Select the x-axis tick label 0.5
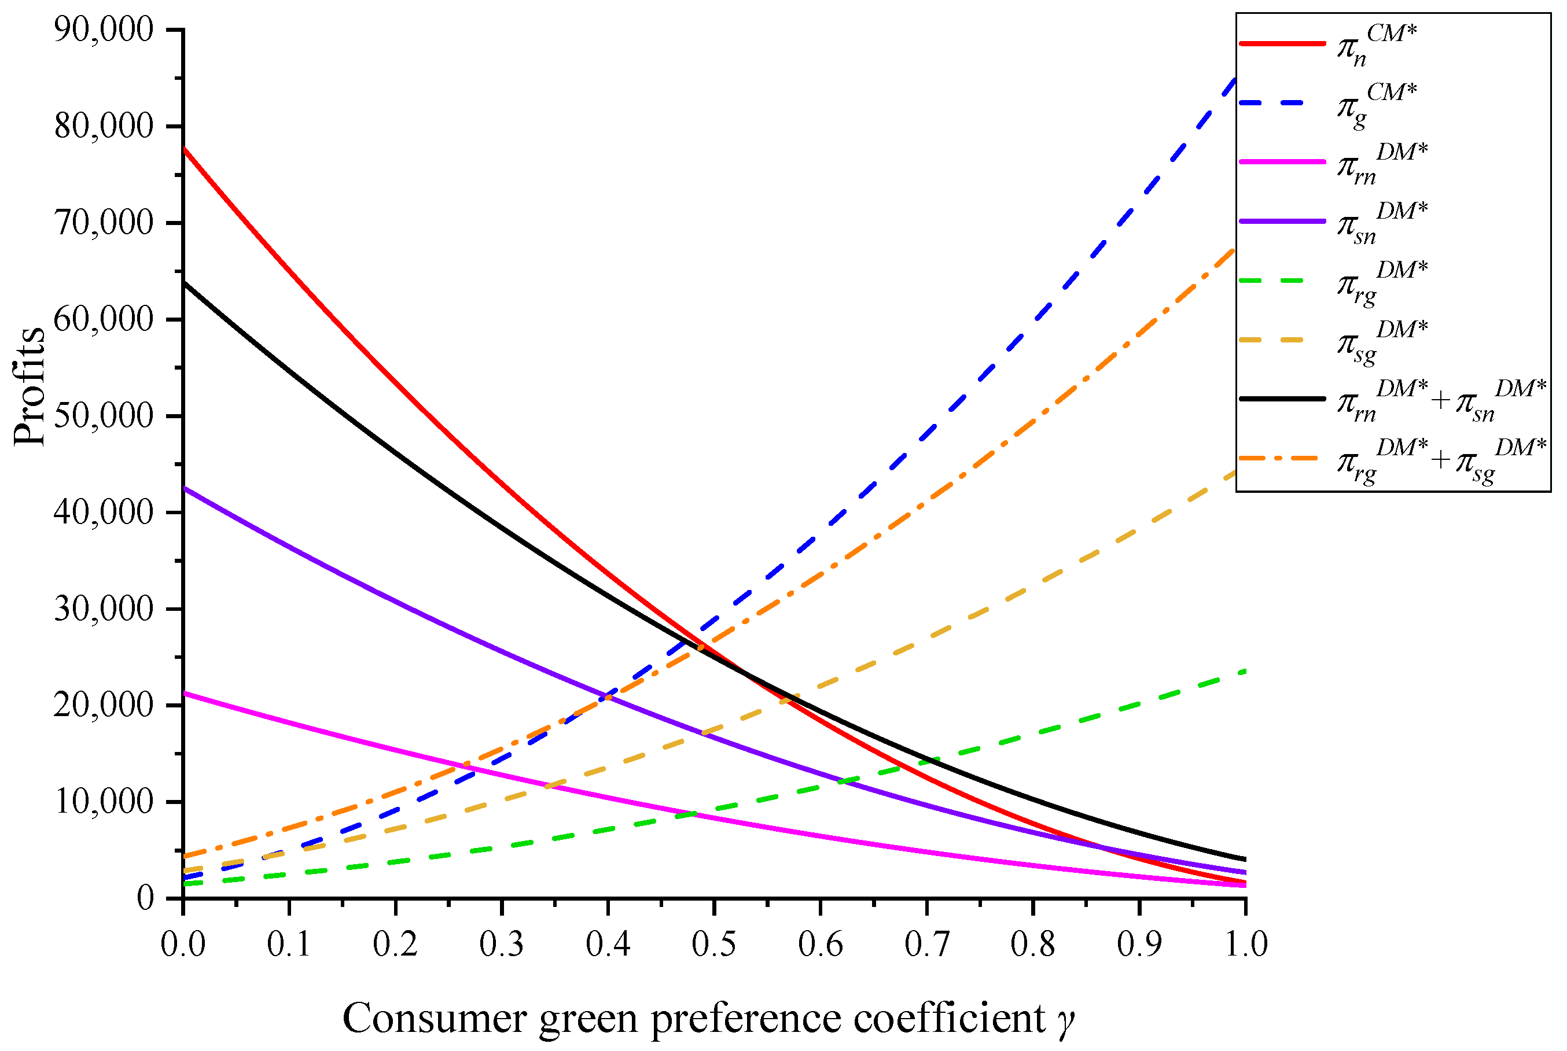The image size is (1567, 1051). click(713, 945)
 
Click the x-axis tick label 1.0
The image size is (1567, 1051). click(1246, 945)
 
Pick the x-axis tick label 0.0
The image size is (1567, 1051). click(182, 945)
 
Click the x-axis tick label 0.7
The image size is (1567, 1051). click(926, 945)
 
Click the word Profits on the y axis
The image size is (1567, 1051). click(30, 387)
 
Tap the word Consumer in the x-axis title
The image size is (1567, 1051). click(435, 1018)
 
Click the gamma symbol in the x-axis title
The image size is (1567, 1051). click(1066, 1021)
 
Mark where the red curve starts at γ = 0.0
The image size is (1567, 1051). click(183, 148)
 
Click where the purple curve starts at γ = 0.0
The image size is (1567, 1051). click(183, 488)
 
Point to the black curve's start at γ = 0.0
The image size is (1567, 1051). click(183, 283)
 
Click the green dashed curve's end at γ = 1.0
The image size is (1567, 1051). click(1245, 671)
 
